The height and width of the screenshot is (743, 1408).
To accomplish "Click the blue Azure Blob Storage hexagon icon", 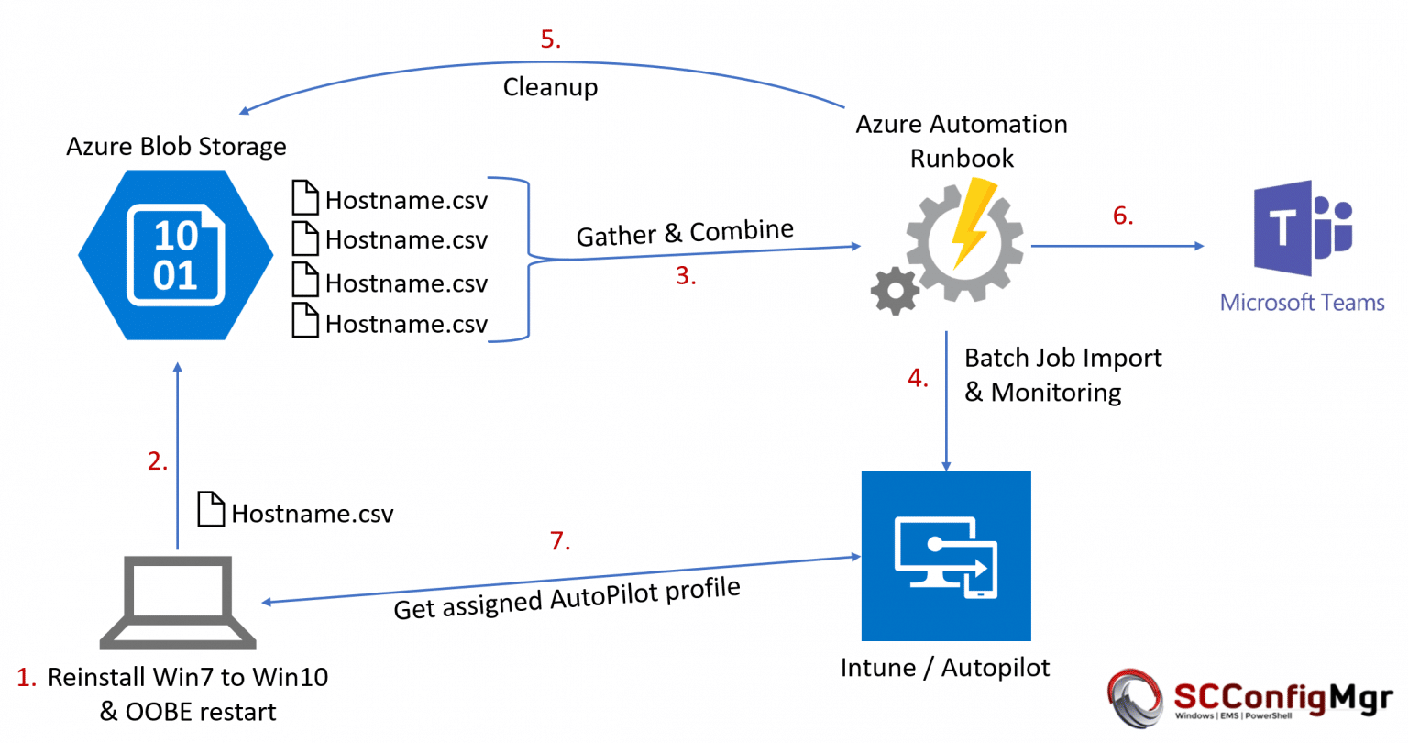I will tap(175, 255).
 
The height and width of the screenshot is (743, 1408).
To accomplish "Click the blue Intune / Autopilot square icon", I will tap(946, 556).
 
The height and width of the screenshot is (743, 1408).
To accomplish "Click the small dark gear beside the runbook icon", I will tap(895, 292).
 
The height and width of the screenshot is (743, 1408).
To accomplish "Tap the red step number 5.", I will tap(550, 39).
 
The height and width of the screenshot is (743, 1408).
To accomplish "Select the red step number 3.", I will tap(685, 276).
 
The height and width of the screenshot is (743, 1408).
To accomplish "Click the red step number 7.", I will tap(560, 541).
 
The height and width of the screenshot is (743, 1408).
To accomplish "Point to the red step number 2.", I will tap(158, 460).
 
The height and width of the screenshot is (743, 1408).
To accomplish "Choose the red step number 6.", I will tap(1123, 216).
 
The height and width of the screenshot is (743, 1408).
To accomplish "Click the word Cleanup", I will tap(550, 87).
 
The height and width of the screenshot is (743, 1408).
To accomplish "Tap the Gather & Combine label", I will tap(684, 233).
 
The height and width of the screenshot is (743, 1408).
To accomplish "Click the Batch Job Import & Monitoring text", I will tap(1061, 374).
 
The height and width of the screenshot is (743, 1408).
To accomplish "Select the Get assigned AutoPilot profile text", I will tap(566, 599).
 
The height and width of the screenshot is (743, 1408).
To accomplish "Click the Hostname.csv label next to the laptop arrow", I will tap(312, 513).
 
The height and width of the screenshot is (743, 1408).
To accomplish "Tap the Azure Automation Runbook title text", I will tap(961, 140).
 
